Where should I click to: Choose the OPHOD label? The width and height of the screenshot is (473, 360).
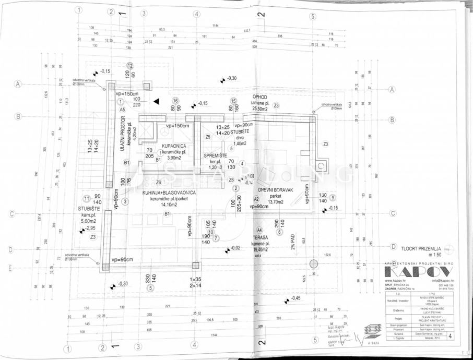click(261, 97)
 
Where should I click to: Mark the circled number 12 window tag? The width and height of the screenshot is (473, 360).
click(130, 66)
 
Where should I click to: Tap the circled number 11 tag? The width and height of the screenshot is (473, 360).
click(87, 198)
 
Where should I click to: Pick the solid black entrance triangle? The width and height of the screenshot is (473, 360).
click(156, 101)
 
